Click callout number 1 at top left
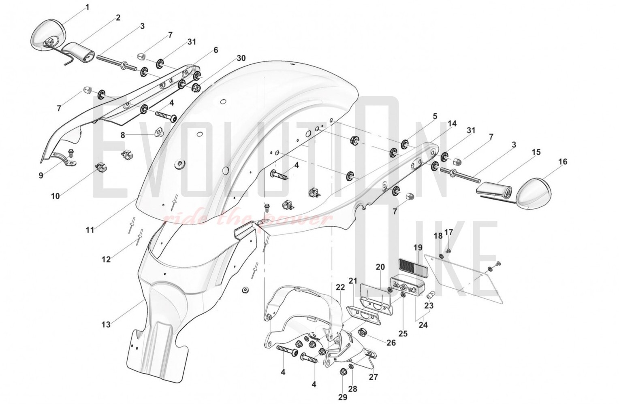(88, 7)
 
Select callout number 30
(241, 58)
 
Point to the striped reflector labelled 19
(412, 267)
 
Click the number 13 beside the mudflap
(106, 325)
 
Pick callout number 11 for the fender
(90, 230)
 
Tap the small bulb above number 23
(430, 295)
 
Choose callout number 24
(423, 325)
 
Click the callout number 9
(41, 176)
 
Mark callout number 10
(55, 196)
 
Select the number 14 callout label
(452, 123)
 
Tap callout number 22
(340, 287)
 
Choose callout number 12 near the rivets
(106, 259)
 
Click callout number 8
(123, 135)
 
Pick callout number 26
(391, 343)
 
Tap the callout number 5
(435, 116)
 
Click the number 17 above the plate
(448, 232)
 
